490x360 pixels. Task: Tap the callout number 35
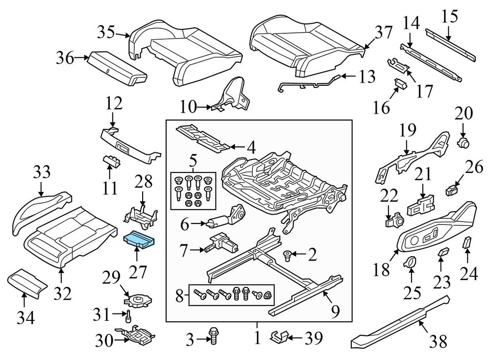pyautogui.click(x=105, y=33)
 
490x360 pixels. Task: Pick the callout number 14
pyautogui.click(x=412, y=23)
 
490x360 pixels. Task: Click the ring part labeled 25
pyautogui.click(x=410, y=262)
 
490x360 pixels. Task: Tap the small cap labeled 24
pyautogui.click(x=467, y=242)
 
